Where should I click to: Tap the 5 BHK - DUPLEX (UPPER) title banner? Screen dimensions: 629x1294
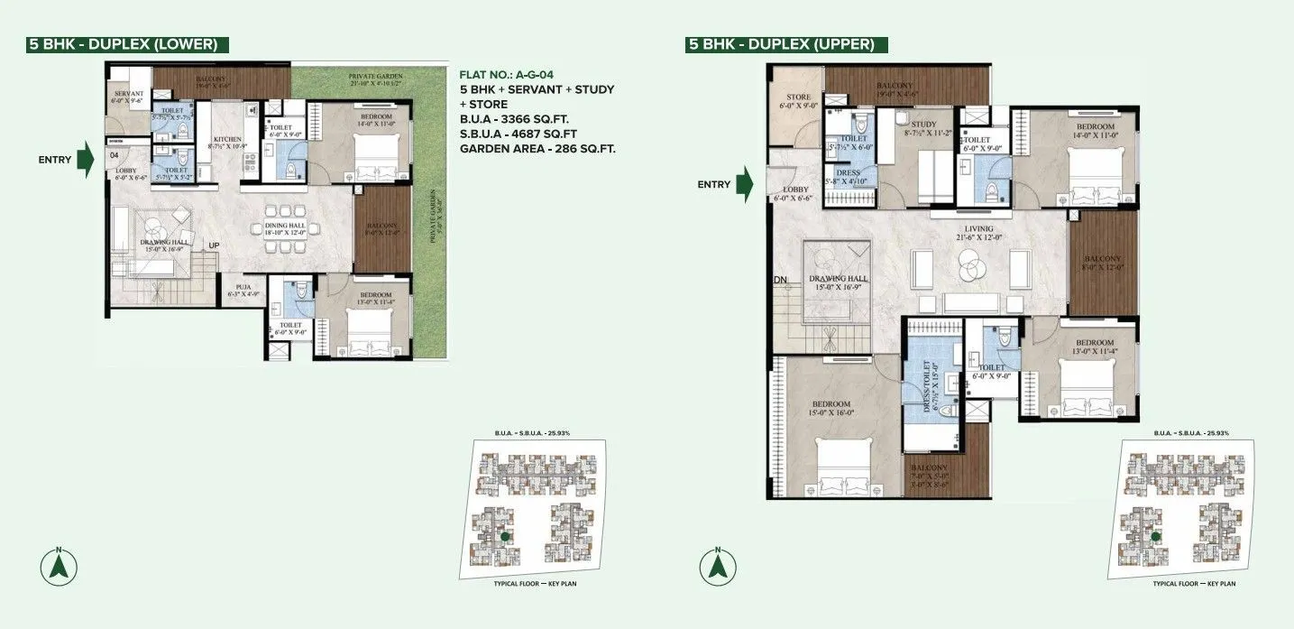tap(786, 43)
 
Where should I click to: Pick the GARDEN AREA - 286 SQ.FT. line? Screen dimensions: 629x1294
tap(537, 149)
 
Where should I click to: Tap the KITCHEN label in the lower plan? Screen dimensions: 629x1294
tap(226, 140)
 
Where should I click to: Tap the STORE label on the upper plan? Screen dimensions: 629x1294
tap(799, 97)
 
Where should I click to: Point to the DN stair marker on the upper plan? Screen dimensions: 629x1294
tap(781, 280)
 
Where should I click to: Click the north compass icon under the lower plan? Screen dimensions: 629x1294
tap(59, 566)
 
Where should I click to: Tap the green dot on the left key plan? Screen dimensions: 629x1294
tap(506, 536)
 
